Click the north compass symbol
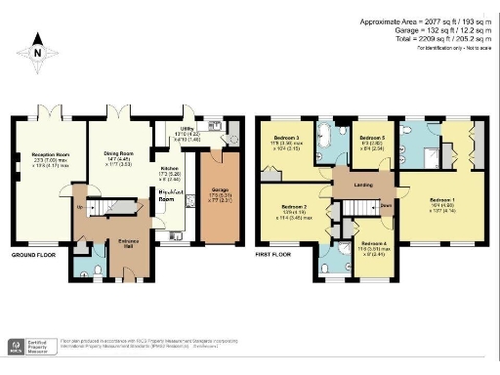(36, 56)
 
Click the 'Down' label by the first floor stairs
(386, 205)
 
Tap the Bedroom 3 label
(285, 139)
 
